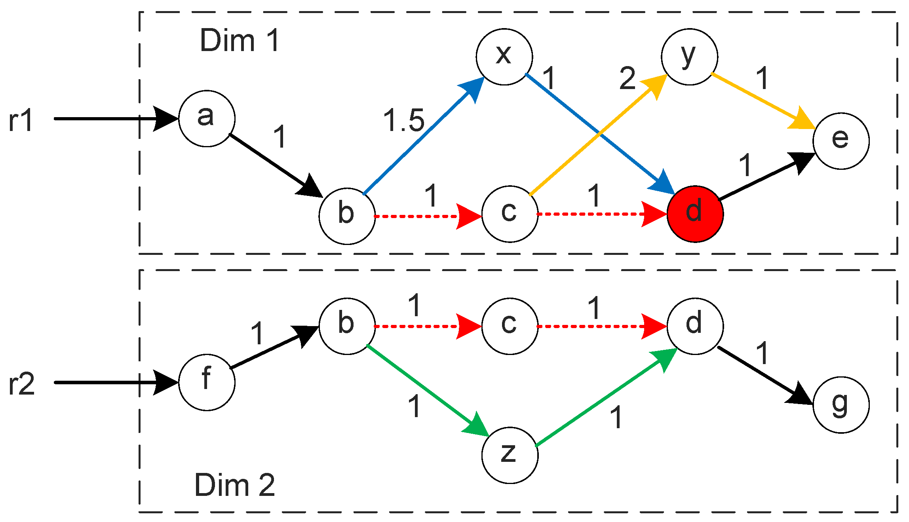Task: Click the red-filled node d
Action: coord(695,214)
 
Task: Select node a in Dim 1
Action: coord(207,118)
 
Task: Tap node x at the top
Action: coord(504,57)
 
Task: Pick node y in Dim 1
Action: coord(689,57)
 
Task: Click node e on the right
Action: coord(841,141)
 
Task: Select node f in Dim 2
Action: coord(207,382)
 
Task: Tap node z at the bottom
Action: coord(510,455)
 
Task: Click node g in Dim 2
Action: coord(841,404)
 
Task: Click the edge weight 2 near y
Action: coord(627,78)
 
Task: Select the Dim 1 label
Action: coord(240,40)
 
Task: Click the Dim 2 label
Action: coord(234,485)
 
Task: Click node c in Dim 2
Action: coord(510,326)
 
